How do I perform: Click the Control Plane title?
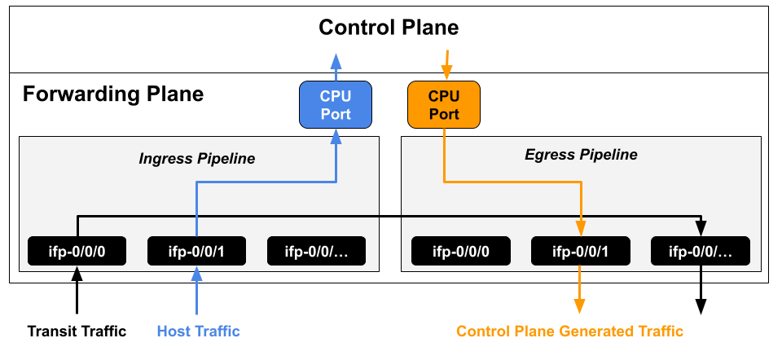(x=389, y=28)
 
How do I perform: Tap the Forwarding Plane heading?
(x=112, y=94)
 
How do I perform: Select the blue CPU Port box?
(x=336, y=105)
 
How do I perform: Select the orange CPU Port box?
(x=444, y=105)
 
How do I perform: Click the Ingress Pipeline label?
(x=196, y=159)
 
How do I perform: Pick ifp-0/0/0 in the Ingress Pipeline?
(x=77, y=251)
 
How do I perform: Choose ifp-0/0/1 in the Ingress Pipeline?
(x=197, y=251)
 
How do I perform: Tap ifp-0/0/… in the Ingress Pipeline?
(x=317, y=251)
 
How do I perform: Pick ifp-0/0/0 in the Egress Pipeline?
(x=461, y=251)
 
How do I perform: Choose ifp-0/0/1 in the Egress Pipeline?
(x=581, y=251)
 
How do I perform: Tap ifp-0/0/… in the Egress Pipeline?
(x=701, y=251)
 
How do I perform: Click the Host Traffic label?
(x=198, y=331)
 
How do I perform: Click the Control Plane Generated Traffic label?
(x=569, y=331)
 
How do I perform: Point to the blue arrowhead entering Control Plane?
(x=336, y=60)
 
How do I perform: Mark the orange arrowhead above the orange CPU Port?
(x=445, y=65)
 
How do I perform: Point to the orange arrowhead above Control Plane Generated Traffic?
(x=580, y=305)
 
